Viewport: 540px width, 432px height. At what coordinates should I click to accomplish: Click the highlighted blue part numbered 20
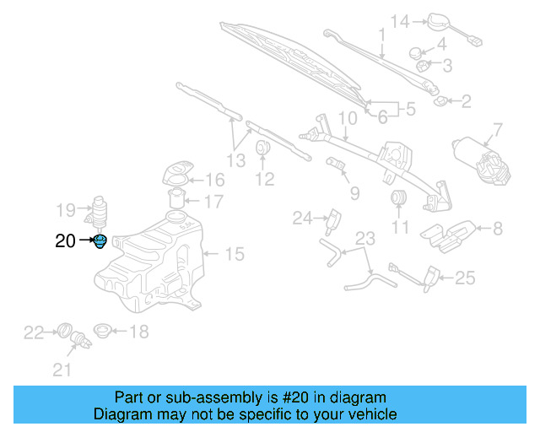pyautogui.click(x=100, y=243)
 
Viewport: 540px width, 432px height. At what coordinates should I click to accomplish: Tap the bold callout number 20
pyautogui.click(x=65, y=241)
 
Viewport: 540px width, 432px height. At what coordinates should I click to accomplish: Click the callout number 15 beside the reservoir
pyautogui.click(x=234, y=253)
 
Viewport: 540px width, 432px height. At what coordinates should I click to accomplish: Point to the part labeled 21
pyautogui.click(x=82, y=342)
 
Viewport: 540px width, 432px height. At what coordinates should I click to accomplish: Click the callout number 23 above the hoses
pyautogui.click(x=364, y=238)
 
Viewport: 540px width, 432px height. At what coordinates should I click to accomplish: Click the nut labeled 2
pyautogui.click(x=440, y=102)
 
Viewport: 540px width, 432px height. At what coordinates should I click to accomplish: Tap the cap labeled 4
pyautogui.click(x=417, y=53)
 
